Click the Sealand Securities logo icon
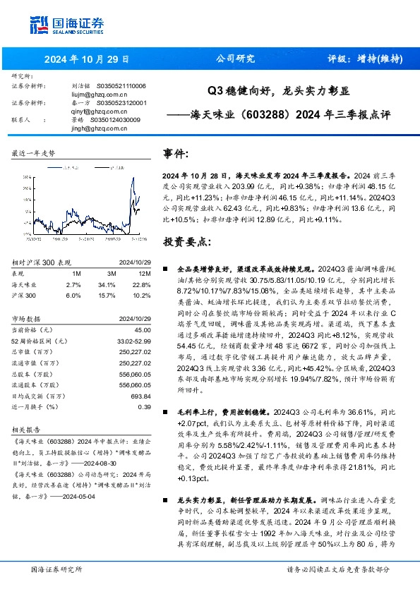click(39, 25)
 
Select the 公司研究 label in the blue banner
click(234, 59)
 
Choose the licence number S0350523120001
click(121, 102)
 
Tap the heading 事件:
click(176, 154)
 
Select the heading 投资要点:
click(187, 242)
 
